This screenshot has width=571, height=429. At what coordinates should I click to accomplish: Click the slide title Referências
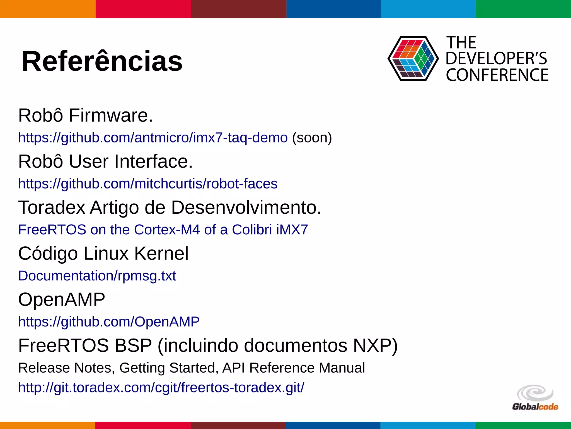pos(102,61)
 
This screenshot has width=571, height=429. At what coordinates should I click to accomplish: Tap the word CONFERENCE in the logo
pos(497,75)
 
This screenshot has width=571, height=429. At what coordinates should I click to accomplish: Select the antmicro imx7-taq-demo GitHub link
pos(153,138)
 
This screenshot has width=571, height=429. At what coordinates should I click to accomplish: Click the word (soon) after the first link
pos(312,138)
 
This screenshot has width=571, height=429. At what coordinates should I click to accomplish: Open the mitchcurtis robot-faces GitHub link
pos(148,184)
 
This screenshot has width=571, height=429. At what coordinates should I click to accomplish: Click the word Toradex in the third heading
pos(52,208)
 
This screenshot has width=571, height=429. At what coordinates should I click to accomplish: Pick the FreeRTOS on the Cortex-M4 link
pos(163,230)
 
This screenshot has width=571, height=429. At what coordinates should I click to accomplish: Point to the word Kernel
pos(161,254)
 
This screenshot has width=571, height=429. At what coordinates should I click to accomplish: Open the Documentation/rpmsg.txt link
pos(97,276)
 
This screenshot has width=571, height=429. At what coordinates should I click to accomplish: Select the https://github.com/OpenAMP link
pos(109,322)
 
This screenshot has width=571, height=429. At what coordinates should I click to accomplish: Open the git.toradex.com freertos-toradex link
pos(161,388)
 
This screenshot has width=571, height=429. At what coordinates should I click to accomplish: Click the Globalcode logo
pos(535,398)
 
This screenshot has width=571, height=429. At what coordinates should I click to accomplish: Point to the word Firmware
pos(111,115)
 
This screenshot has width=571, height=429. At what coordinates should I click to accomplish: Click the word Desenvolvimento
pos(246,208)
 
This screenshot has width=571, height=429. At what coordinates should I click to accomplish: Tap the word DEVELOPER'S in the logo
pos(496,59)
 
